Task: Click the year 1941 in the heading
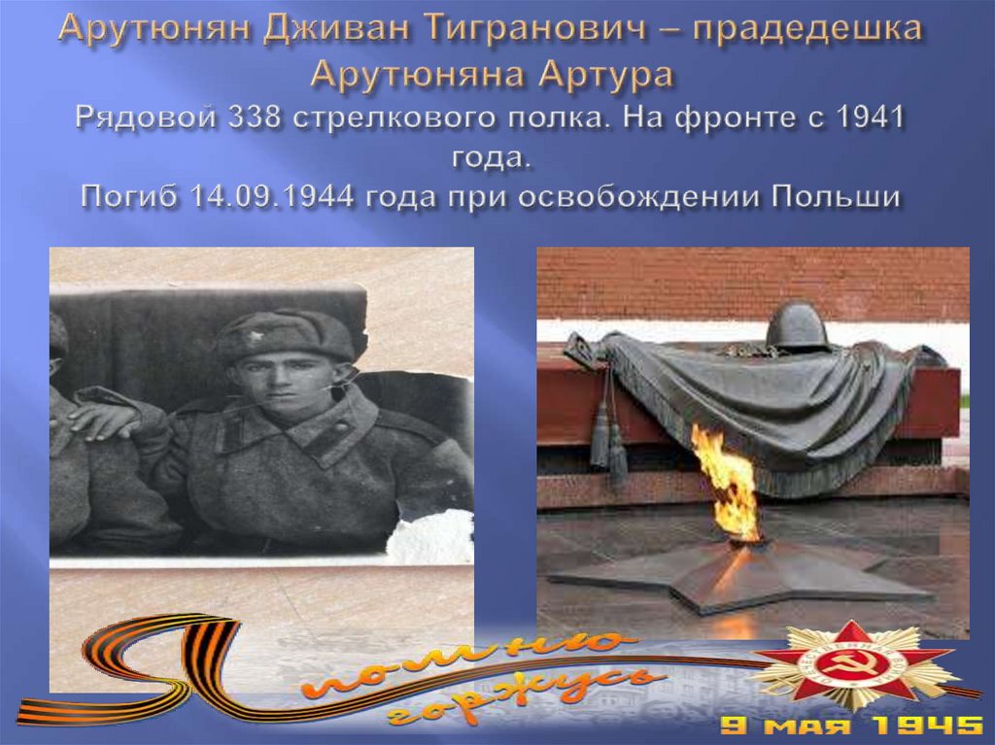pos(871,119)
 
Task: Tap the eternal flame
pos(726,481)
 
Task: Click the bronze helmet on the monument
pos(796,325)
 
